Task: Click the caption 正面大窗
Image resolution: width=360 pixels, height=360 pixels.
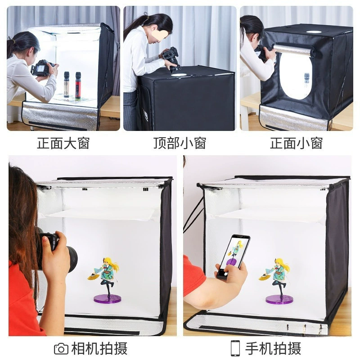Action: tap(63, 143)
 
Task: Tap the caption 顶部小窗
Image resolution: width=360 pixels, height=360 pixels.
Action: tap(180, 143)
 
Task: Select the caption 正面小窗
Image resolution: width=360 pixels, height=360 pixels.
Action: tap(296, 143)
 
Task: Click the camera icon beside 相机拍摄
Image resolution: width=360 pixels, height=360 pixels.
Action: tap(61, 349)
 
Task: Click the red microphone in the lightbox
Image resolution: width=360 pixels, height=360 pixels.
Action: tap(78, 85)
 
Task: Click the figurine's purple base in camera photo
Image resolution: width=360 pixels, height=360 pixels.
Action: tap(107, 298)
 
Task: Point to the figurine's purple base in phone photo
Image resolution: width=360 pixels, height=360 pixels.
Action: tap(279, 299)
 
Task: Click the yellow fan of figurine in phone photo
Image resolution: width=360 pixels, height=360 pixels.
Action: tap(264, 277)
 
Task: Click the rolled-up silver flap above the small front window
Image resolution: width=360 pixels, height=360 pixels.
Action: tap(292, 50)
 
